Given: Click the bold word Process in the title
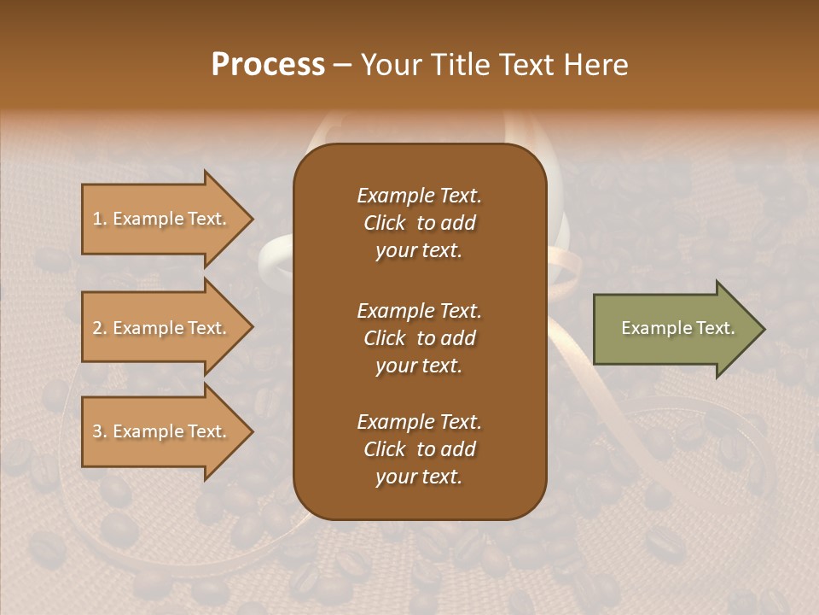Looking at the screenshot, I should click(x=268, y=65).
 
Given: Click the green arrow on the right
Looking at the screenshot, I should click(x=674, y=329).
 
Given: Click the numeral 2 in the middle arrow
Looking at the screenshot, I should click(x=97, y=329).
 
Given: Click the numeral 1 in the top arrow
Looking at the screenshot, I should click(x=96, y=220).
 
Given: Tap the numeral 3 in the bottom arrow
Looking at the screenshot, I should click(x=97, y=432).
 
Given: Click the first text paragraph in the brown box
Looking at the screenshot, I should click(x=419, y=223).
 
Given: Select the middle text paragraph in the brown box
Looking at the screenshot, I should click(x=419, y=338).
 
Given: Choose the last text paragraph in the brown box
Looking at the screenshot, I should click(x=419, y=449).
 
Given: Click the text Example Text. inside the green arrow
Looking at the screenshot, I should click(x=677, y=328).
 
